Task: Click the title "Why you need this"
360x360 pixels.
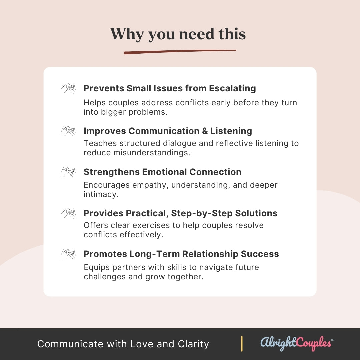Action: point(178,34)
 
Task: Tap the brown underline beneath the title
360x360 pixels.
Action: point(180,52)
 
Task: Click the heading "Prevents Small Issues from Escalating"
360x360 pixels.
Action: point(170,88)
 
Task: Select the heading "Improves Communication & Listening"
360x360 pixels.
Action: point(168,131)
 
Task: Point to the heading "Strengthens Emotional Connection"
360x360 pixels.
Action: point(163,172)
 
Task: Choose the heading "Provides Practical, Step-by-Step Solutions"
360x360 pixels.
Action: point(180,213)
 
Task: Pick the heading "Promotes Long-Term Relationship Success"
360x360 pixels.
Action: point(181,254)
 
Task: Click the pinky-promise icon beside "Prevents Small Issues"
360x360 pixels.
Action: point(68,88)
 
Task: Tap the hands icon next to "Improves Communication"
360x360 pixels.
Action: point(68,131)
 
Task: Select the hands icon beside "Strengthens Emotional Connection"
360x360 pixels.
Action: point(68,172)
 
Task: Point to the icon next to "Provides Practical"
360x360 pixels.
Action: point(68,213)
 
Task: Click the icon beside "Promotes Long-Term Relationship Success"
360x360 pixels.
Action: point(68,254)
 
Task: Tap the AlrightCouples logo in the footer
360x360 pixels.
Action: point(297,343)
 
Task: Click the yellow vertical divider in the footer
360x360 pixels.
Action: point(242,344)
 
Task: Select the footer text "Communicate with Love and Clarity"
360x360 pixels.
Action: point(123,344)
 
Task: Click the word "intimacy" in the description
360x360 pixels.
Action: point(101,194)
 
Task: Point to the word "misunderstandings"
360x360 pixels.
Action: point(152,153)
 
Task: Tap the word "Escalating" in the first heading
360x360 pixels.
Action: point(232,88)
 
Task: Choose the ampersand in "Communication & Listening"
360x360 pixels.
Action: point(205,131)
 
